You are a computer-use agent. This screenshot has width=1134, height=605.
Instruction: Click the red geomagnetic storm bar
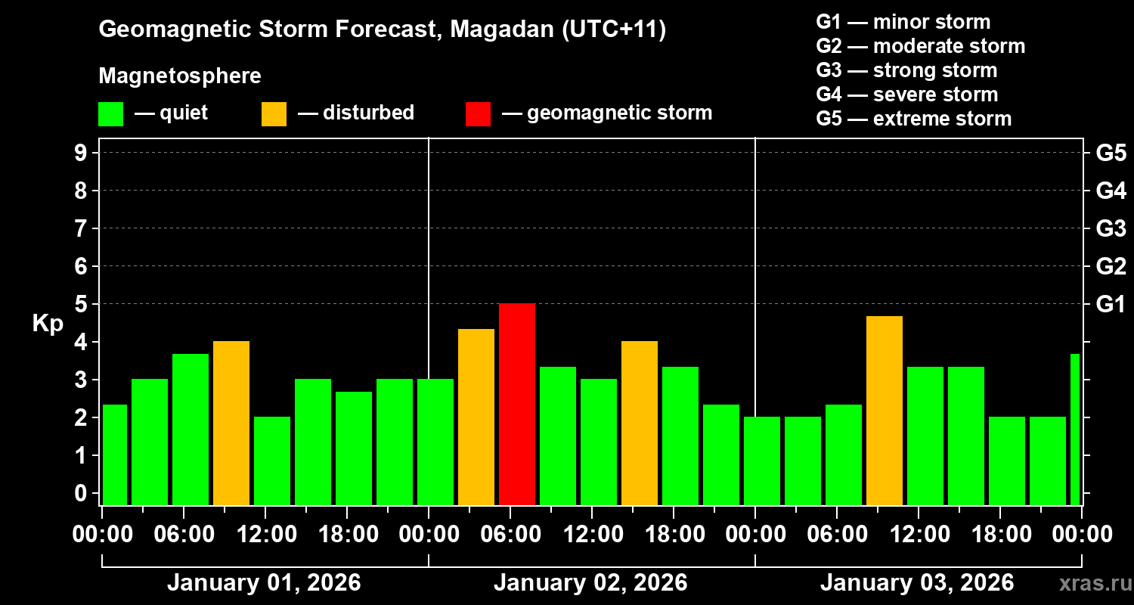[517, 404]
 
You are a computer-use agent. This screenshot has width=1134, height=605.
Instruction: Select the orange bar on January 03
[885, 410]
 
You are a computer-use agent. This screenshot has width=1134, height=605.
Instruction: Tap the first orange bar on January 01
[231, 423]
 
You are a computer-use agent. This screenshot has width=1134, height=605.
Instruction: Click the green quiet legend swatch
[110, 114]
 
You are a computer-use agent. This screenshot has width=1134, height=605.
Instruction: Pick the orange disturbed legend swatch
[274, 114]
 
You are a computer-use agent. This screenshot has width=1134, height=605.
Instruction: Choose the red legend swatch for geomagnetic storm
[478, 114]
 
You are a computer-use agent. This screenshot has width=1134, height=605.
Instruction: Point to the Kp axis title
[48, 323]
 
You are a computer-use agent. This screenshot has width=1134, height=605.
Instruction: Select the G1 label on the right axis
[1111, 304]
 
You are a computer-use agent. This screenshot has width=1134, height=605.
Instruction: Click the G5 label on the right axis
[1111, 153]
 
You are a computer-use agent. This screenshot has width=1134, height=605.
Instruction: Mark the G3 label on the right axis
[1111, 228]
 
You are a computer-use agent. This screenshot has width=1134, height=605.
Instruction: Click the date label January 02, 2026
[590, 583]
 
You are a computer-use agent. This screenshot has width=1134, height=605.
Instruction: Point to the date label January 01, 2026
[264, 583]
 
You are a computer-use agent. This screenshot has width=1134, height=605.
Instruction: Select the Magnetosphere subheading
[180, 76]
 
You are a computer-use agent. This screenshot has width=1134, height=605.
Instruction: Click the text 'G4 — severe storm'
[906, 95]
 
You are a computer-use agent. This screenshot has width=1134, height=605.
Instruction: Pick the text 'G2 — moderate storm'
[920, 46]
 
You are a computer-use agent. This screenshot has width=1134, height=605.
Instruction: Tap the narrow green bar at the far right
[1075, 429]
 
